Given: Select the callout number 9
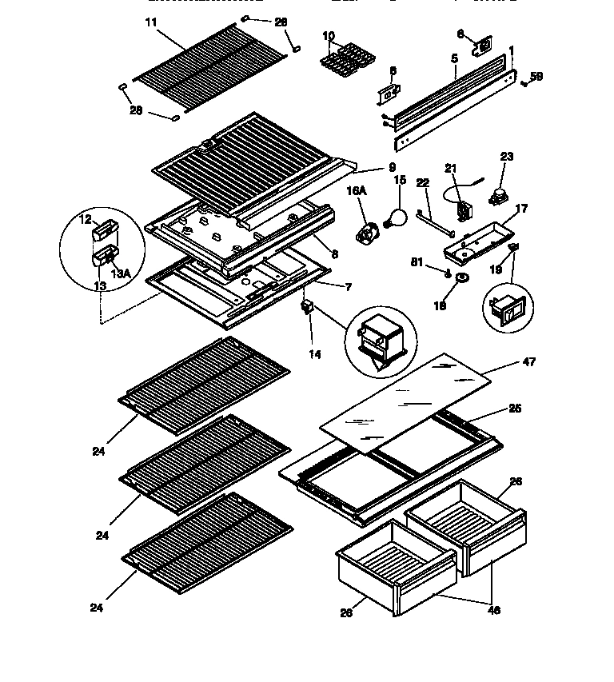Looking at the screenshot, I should [392, 168].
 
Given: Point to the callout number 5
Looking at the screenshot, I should [453, 58].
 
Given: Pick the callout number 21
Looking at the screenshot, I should [450, 168].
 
